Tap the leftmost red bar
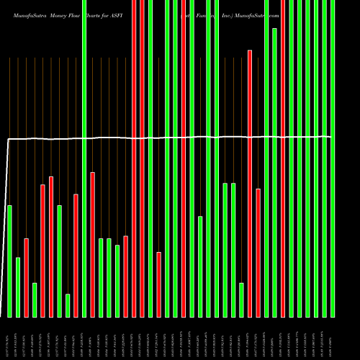tap(26, 277)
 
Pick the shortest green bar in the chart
tap(68, 305)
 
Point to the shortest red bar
tap(158, 284)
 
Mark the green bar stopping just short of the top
tap(274, 172)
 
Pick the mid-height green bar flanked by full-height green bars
tap(200, 266)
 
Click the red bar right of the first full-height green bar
tap(92, 244)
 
